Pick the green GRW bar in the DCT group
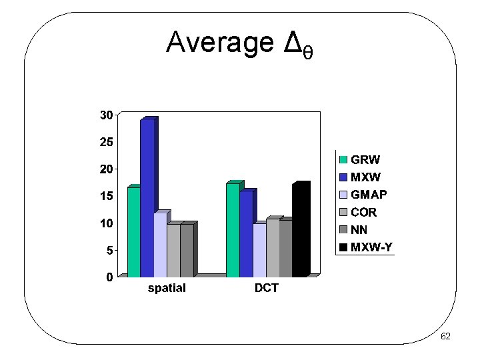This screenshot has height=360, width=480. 233,229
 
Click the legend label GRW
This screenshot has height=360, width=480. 365,160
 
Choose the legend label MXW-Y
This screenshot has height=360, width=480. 372,248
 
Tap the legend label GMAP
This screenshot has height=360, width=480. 369,195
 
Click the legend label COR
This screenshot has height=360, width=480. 364,213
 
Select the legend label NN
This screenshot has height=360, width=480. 360,230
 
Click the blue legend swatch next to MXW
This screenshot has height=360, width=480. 343,177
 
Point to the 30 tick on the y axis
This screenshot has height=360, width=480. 106,115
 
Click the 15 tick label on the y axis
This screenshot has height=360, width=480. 106,196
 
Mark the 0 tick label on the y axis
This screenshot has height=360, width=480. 109,277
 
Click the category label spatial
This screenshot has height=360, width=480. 166,289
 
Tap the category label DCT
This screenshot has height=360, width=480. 266,289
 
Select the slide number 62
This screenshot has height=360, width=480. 445,337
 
